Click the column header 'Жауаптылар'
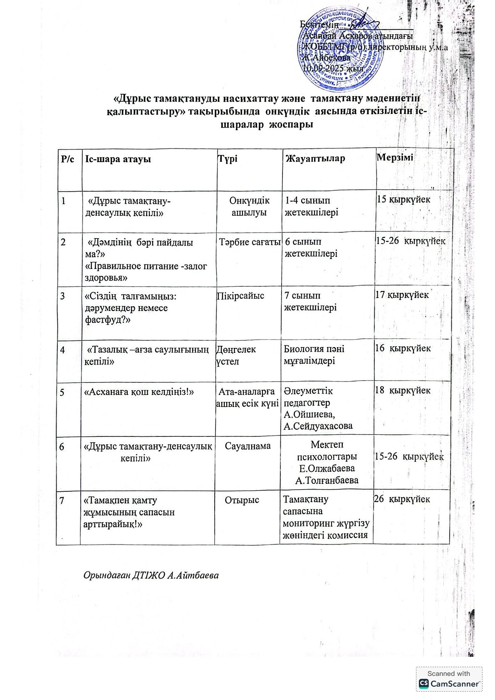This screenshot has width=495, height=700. [315, 158]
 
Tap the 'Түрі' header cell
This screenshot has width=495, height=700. [228, 159]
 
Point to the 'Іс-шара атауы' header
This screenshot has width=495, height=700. [118, 159]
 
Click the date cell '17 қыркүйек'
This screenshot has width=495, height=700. [402, 295]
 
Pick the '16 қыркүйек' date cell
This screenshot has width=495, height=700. [403, 348]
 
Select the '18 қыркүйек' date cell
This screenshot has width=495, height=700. [403, 390]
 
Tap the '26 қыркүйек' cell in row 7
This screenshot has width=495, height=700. [402, 499]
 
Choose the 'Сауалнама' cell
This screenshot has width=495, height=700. [248, 446]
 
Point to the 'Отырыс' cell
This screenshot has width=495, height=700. [242, 500]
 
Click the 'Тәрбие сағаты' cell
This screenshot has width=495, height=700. [250, 242]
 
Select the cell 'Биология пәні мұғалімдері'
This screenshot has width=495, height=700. [314, 355]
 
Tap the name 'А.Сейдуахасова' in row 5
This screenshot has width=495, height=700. [318, 426]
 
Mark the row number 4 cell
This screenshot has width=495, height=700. [62, 350]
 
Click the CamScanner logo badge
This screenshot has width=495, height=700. [449, 679]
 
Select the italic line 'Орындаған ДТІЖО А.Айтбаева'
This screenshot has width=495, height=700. [151, 576]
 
